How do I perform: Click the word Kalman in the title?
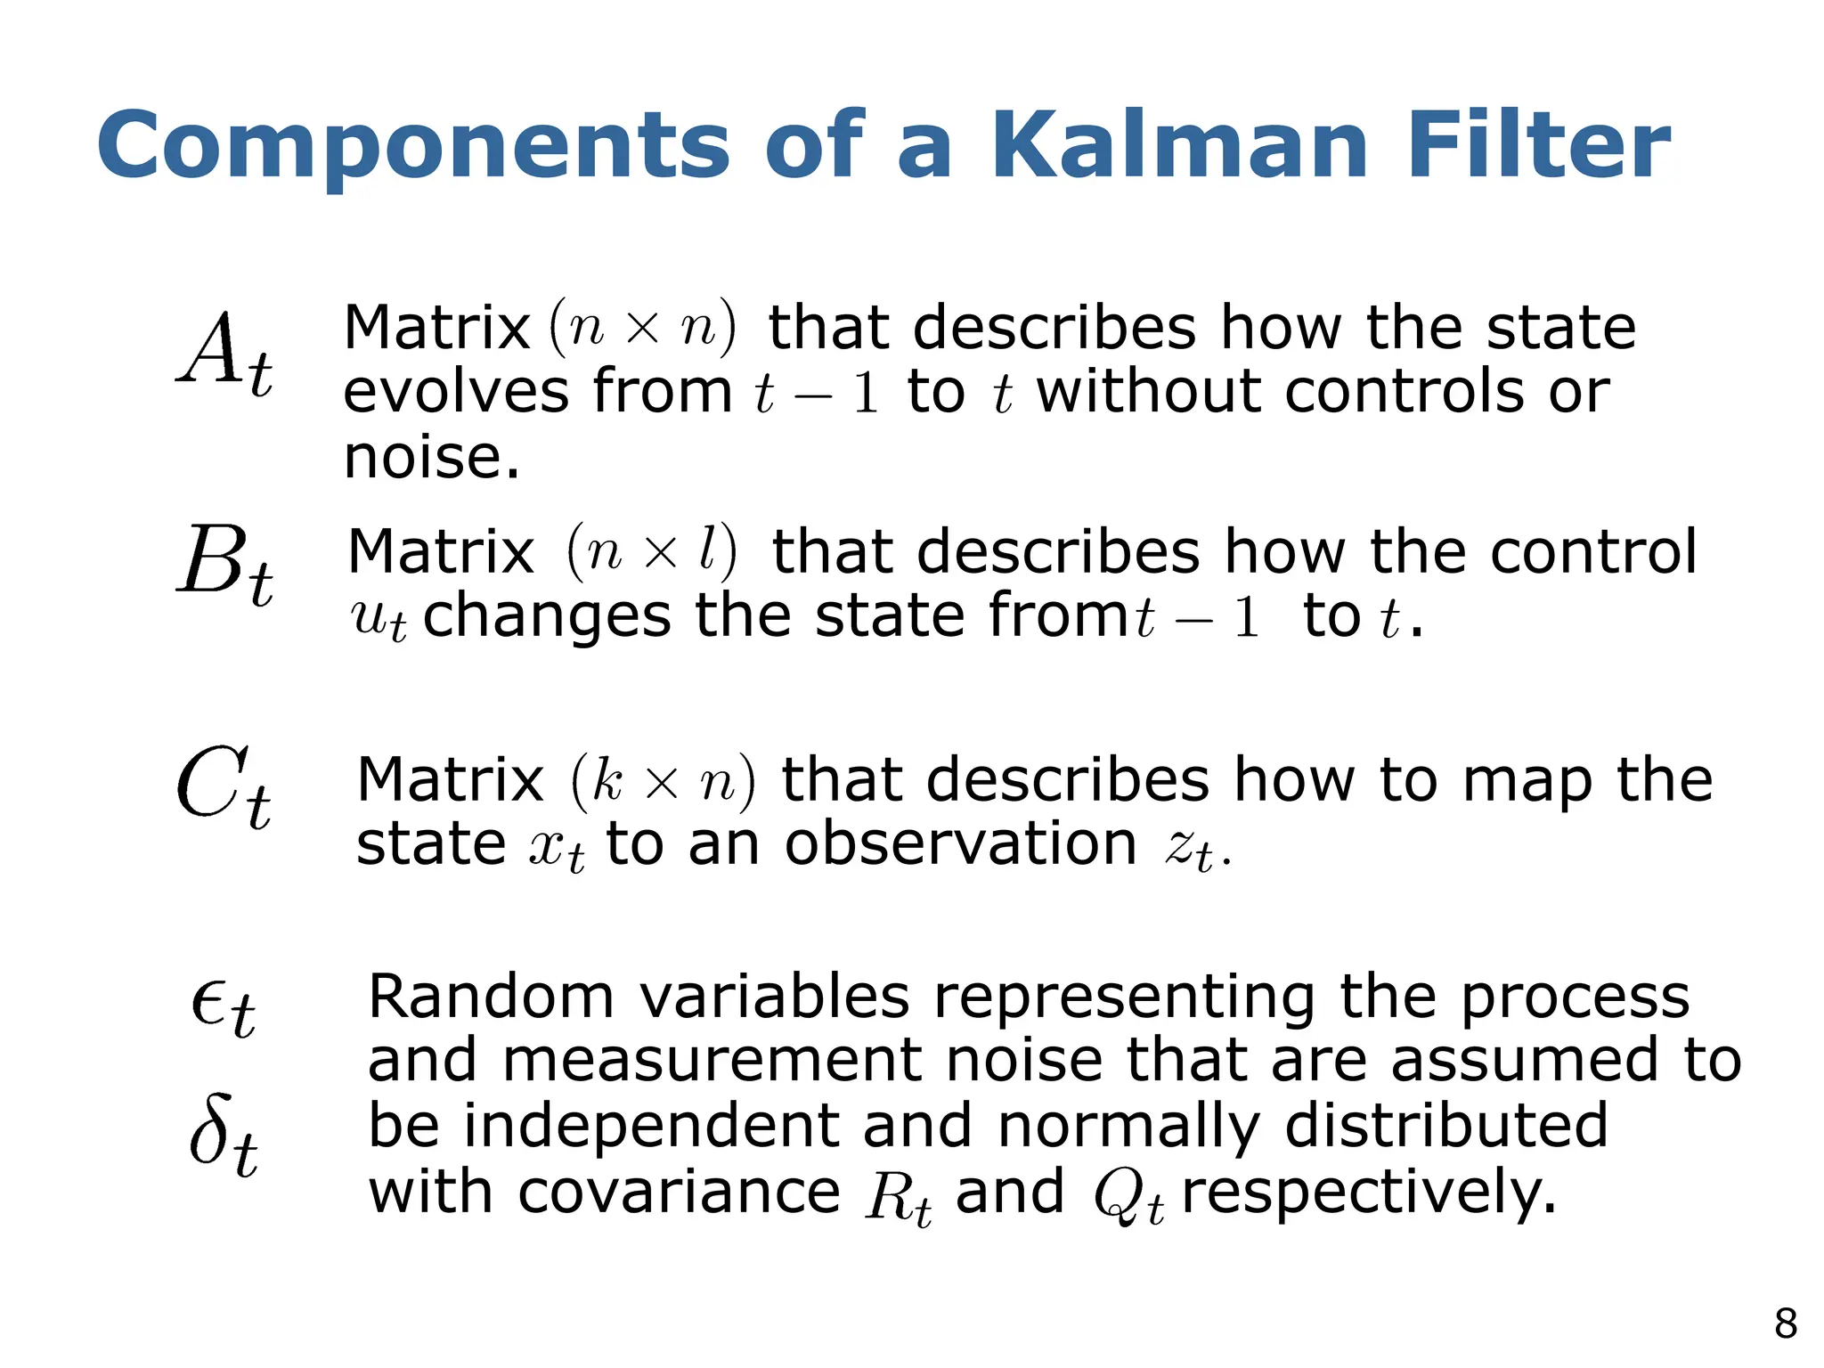coord(1179,145)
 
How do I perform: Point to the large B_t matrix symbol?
coord(224,564)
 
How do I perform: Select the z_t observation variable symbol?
coord(1190,849)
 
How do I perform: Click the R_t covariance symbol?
coord(898,1197)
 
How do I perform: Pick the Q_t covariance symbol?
coord(1128,1197)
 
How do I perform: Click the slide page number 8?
coord(1785,1324)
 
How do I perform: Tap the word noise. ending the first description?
coord(431,458)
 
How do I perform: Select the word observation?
coord(960,843)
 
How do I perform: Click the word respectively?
coord(1369,1193)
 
